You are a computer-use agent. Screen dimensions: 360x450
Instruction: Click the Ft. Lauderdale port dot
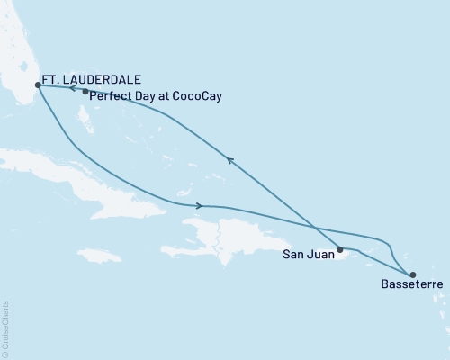(x=37, y=86)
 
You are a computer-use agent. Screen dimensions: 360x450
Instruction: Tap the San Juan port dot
(x=340, y=249)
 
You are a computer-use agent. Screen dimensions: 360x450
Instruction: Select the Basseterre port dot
(x=412, y=275)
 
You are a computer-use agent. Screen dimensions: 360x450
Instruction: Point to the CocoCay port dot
(x=85, y=92)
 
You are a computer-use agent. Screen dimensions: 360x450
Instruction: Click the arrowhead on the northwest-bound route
(x=230, y=161)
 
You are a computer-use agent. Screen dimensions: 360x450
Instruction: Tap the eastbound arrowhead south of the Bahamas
(x=198, y=206)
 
